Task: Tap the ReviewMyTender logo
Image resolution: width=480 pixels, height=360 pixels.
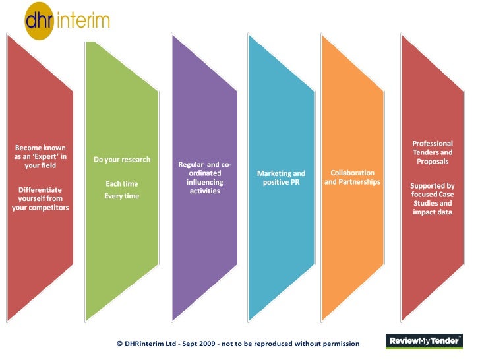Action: [x=424, y=341]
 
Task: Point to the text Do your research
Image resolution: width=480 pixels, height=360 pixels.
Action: [x=122, y=160]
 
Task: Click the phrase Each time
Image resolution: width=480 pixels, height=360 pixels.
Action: [x=122, y=184]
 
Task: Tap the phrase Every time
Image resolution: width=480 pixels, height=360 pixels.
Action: [x=122, y=196]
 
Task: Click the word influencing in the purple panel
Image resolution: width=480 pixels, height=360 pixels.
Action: [x=204, y=182]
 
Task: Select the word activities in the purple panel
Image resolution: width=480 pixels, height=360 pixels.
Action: [x=204, y=191]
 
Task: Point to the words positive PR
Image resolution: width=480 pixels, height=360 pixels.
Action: [x=281, y=182]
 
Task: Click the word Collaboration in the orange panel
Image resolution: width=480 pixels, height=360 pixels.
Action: [x=353, y=173]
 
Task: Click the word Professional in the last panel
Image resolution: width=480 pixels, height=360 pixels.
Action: [x=433, y=143]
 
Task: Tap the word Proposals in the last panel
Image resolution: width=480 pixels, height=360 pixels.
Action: [x=433, y=162]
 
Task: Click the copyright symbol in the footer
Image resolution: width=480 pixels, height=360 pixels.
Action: [x=119, y=344]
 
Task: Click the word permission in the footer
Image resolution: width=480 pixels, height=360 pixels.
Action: [x=338, y=344]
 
